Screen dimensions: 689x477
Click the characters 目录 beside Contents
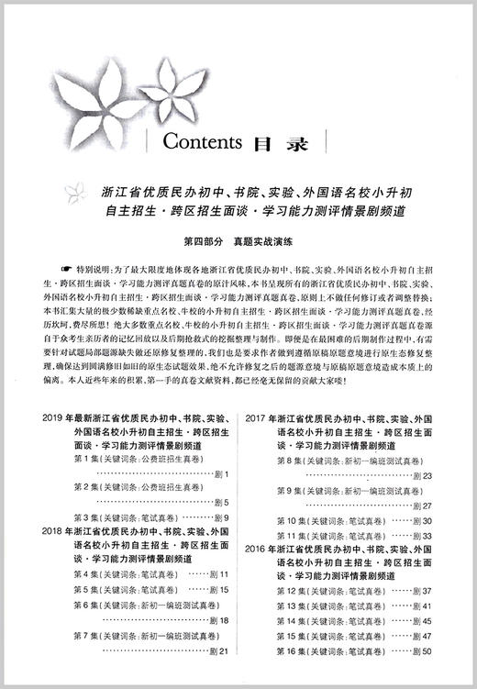(x=274, y=143)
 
